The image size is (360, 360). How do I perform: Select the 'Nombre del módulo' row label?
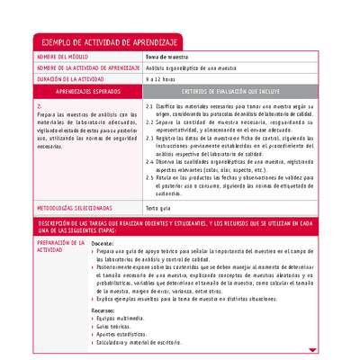(63, 57)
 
